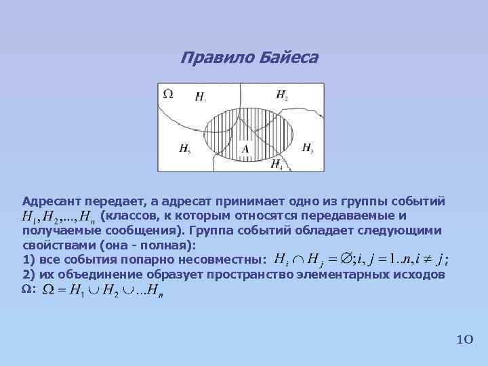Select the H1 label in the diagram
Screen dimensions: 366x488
point(201,97)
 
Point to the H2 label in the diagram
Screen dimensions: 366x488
point(281,96)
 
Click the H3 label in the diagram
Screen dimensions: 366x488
point(307,148)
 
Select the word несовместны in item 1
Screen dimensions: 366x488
point(220,260)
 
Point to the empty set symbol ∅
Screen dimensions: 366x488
point(346,260)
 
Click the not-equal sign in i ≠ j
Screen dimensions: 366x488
point(427,260)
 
